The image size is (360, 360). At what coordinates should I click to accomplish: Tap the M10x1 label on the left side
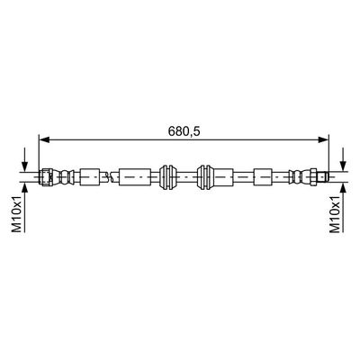point(15,218)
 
